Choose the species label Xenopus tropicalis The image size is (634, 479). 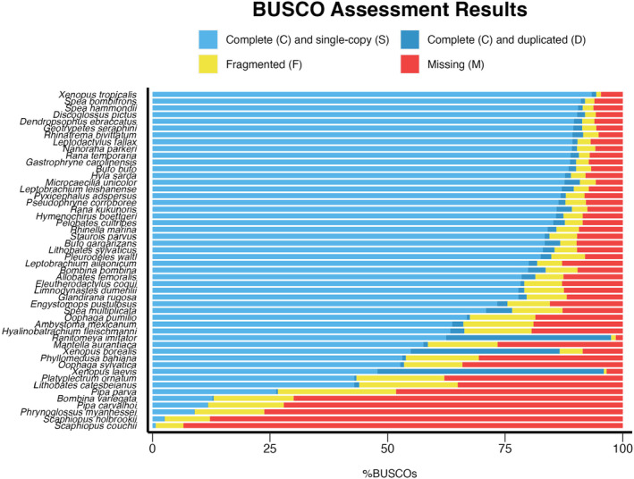click(x=98, y=94)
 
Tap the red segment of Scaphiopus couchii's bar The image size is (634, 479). click(x=402, y=424)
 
